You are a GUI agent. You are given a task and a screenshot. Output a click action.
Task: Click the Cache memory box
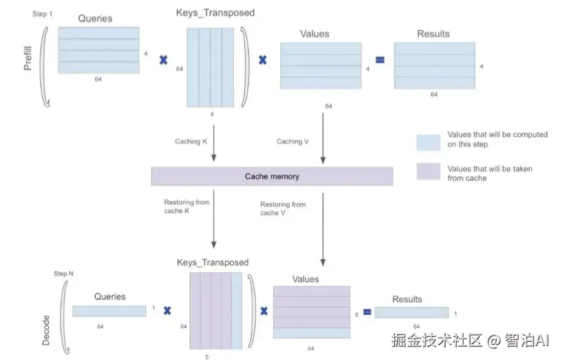[x=272, y=176]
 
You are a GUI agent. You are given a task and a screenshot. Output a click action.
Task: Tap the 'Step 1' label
[x=42, y=13]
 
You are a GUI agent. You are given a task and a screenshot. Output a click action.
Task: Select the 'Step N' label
[x=64, y=274]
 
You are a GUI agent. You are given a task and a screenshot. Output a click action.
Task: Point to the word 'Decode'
[x=46, y=331]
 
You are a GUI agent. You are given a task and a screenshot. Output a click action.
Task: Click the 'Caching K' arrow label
[x=191, y=142]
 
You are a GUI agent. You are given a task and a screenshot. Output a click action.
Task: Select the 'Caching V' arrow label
[x=292, y=142]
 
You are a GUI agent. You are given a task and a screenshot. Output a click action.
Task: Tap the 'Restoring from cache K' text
[x=187, y=207]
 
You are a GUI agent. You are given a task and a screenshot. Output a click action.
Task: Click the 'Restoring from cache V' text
[x=283, y=209]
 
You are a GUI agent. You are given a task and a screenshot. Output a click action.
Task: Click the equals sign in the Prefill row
[x=380, y=60]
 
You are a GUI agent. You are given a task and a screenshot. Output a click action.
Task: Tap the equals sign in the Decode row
[x=367, y=312]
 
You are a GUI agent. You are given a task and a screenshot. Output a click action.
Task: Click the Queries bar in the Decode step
[x=109, y=311]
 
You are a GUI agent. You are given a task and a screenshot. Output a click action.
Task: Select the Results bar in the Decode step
[x=411, y=312]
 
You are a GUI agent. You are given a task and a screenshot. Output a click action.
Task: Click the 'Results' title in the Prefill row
[x=433, y=34]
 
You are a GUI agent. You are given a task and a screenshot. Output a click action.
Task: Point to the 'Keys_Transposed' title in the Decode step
[x=212, y=262]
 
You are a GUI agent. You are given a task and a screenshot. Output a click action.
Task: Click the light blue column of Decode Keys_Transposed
[x=236, y=311]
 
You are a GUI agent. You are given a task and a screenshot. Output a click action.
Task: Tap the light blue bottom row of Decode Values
[x=311, y=333]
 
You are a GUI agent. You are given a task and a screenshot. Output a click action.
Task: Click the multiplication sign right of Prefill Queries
[x=163, y=60]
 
